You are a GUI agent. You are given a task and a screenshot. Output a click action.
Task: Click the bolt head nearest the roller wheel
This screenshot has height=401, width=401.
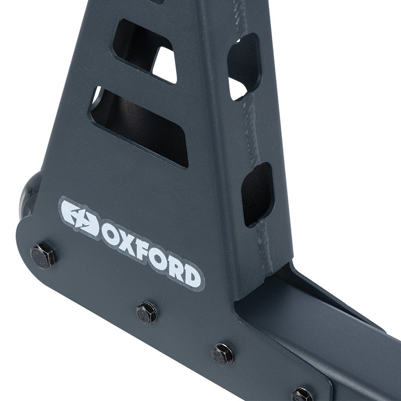click(x=43, y=255)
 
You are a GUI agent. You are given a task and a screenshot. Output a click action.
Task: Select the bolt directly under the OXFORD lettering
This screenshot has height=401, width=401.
click(x=146, y=312)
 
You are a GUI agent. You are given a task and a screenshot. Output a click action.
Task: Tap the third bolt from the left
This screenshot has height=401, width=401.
click(x=223, y=354)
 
